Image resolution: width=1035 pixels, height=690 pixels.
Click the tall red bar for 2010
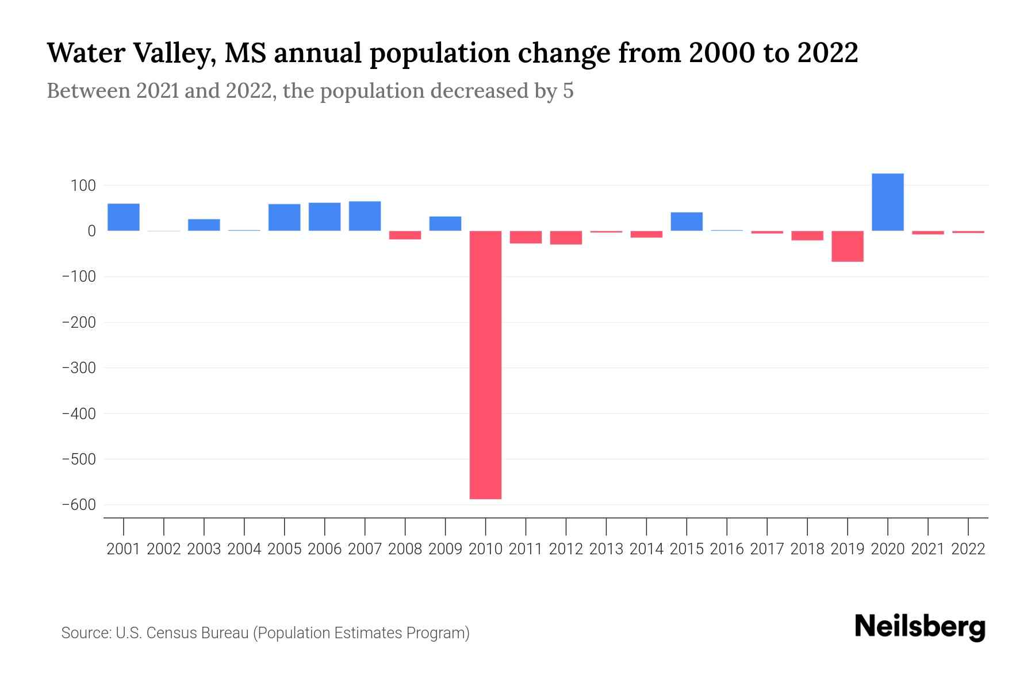click(485, 365)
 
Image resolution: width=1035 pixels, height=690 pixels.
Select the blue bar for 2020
click(887, 202)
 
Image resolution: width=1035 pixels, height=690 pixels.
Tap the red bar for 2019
click(847, 246)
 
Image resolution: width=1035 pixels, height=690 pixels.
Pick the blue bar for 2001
click(124, 217)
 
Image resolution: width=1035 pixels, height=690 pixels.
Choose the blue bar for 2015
click(687, 221)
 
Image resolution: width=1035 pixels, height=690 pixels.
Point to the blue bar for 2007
click(365, 216)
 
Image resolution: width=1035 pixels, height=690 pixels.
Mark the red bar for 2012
click(566, 237)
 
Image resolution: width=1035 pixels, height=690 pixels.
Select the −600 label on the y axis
click(79, 505)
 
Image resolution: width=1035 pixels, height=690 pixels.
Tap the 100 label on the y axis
click(84, 186)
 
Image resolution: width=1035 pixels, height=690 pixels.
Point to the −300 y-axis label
click(79, 368)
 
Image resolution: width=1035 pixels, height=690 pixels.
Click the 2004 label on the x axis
click(244, 549)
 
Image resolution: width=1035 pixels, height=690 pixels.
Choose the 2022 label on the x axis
click(968, 549)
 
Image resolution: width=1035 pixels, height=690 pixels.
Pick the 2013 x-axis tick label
click(606, 549)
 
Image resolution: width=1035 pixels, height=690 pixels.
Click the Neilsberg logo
click(920, 627)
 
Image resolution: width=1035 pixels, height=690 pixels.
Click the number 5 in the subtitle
click(568, 91)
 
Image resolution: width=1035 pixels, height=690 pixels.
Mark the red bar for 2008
click(405, 235)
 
